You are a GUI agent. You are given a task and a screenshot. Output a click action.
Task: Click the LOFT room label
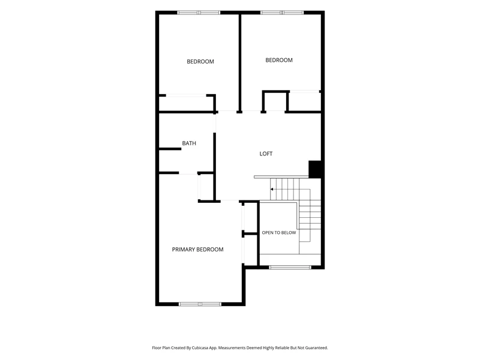266,154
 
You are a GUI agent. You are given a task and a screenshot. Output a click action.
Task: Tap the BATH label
189,143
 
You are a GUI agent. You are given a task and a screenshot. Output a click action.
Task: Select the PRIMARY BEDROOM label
197,250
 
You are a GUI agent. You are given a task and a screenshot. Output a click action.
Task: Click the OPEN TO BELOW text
279,233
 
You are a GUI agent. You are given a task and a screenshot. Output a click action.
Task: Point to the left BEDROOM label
200,62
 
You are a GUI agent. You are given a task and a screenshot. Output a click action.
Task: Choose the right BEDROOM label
279,61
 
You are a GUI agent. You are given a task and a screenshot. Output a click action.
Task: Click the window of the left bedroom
199,13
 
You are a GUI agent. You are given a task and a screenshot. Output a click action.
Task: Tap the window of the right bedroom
282,13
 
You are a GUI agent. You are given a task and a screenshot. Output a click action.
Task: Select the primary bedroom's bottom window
200,304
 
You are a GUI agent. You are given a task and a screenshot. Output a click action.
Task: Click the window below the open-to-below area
290,267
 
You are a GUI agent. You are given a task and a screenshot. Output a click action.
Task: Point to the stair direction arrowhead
272,189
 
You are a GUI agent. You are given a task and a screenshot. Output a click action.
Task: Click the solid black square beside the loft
314,169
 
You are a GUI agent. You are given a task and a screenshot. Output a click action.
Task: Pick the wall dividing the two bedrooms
240,62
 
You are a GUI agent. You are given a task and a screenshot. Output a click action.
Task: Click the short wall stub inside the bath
170,149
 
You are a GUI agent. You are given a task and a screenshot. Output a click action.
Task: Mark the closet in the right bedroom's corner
305,101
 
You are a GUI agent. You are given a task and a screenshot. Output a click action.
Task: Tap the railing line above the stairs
281,177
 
